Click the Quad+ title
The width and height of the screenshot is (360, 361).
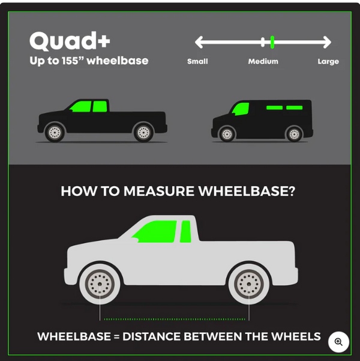click(70, 41)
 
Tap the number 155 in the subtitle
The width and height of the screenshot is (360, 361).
click(70, 61)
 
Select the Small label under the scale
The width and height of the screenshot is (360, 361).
click(197, 61)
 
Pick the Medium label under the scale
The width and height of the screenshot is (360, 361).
click(263, 61)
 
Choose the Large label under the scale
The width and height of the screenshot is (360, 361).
click(328, 61)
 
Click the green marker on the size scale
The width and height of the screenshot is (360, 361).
click(272, 42)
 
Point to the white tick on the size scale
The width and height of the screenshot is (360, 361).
click(263, 42)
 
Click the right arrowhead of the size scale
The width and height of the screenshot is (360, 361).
click(327, 42)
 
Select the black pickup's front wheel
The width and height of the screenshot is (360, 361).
click(55, 132)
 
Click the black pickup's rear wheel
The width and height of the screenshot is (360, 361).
click(143, 132)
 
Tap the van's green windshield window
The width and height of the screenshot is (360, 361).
click(241, 109)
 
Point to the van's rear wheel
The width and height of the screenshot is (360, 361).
click(294, 134)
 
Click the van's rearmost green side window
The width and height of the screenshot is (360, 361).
click(294, 108)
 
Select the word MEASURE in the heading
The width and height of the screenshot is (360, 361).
click(159, 191)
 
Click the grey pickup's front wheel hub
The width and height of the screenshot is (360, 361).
click(100, 284)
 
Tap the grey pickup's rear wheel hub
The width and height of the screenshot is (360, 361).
click(249, 284)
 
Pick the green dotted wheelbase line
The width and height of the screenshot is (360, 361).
click(175, 319)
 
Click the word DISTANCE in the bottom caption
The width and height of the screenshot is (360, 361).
click(152, 336)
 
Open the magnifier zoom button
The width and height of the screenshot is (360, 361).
click(338, 342)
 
